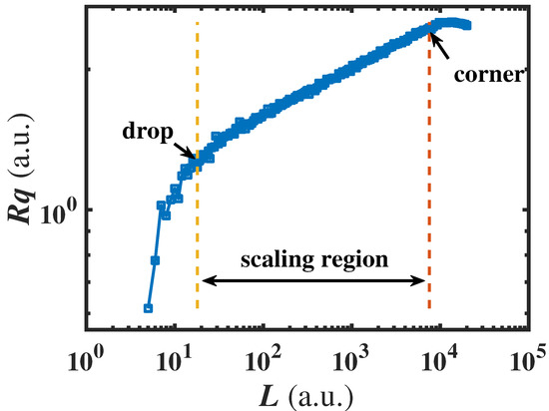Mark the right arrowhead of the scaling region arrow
tap(422, 282)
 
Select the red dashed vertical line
tap(429, 200)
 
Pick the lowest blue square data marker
tap(148, 308)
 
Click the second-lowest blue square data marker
tap(155, 260)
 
